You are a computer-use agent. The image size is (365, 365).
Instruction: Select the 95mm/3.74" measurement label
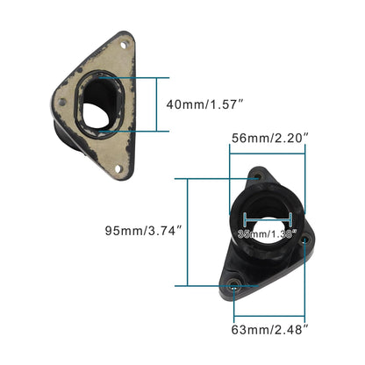[x=143, y=232]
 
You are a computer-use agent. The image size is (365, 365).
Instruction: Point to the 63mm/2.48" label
[x=269, y=329]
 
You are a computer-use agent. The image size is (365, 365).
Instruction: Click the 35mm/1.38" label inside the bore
[x=267, y=233]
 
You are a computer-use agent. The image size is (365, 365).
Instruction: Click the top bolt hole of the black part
[x=258, y=178]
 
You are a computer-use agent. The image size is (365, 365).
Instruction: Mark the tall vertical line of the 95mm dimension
[x=187, y=232]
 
